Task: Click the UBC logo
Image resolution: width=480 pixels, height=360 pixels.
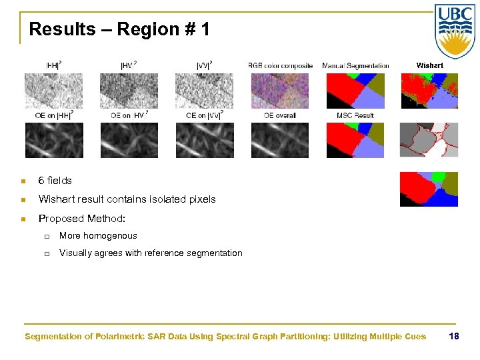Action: coord(455,31)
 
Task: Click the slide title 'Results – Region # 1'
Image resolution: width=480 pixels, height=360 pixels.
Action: coord(119,29)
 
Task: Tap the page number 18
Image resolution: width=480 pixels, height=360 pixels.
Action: coord(454,336)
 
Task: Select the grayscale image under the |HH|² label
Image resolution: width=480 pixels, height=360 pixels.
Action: coord(54,91)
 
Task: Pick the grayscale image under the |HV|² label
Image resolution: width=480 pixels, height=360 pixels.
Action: coord(129,91)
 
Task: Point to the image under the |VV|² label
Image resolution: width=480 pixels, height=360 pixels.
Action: coord(205,91)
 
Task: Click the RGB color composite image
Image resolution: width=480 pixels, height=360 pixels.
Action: coord(280,91)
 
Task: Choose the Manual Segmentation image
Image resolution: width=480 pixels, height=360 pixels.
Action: coord(355,91)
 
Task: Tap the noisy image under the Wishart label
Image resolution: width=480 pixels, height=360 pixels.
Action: coord(429,91)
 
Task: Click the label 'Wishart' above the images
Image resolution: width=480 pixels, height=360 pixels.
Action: coord(429,65)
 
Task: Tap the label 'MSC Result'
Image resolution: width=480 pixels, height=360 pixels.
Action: coord(355,115)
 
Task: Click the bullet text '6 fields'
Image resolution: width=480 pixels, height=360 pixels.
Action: coord(55,181)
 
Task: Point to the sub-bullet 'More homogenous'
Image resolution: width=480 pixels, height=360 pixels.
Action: coord(98,236)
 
